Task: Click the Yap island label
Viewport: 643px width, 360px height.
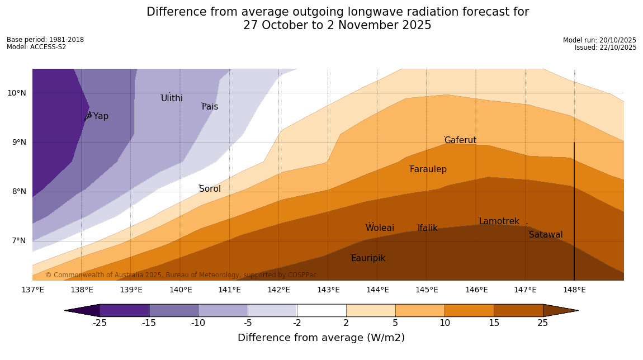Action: coord(101,116)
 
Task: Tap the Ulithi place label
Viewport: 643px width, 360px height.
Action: coord(172,98)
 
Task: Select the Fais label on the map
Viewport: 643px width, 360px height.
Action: coord(210,107)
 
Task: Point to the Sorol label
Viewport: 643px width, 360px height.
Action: coord(210,189)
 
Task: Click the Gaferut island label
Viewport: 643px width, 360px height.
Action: coord(460,140)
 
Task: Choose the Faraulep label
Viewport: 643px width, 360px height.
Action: coord(428,169)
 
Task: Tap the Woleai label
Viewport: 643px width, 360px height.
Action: coord(380,228)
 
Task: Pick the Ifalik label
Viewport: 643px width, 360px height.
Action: coord(428,228)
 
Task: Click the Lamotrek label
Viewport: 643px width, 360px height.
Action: coord(499,221)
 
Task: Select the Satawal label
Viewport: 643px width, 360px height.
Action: coord(546,235)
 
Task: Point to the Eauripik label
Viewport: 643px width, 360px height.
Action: coord(368,258)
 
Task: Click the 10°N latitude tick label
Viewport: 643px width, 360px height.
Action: coord(17,93)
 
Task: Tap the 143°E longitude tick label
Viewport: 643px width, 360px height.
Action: coord(328,290)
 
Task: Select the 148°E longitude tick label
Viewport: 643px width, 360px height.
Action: coord(574,290)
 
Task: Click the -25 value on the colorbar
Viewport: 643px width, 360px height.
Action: coord(100,323)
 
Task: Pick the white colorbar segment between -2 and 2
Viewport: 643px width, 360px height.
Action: coord(321,310)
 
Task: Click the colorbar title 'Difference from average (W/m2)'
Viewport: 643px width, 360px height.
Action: coord(321,338)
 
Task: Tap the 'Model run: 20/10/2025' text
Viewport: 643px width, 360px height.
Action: coord(599,40)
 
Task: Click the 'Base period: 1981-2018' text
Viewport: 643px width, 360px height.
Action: coord(45,40)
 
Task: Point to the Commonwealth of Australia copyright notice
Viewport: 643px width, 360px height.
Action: coord(181,275)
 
